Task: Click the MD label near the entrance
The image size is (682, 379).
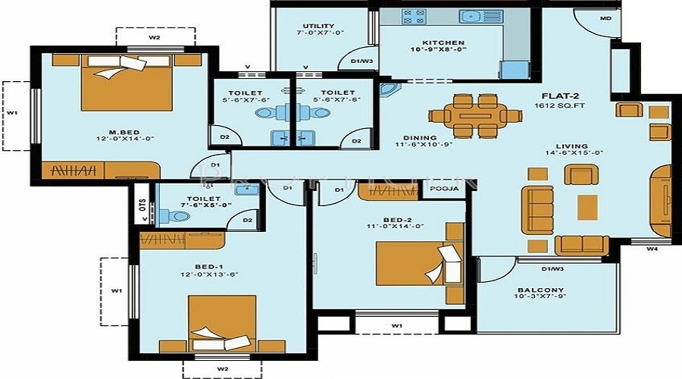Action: [606, 17]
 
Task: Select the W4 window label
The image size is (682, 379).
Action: [652, 248]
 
